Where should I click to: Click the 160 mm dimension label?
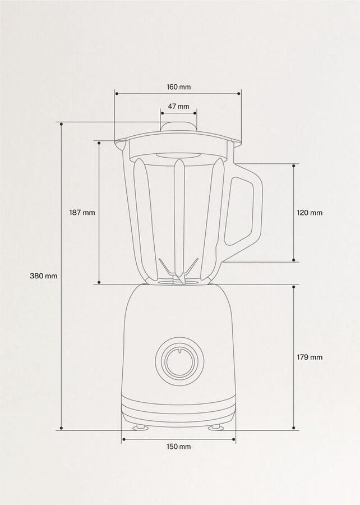[178, 87]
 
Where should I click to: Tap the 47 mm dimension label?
[178, 106]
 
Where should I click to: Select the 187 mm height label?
[82, 213]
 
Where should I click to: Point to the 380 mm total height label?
[44, 276]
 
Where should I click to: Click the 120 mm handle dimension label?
[310, 213]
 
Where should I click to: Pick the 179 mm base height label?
[310, 357]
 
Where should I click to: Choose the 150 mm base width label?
[178, 447]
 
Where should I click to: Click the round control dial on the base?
[178, 360]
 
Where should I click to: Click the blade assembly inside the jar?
[178, 272]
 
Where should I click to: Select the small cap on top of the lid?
[178, 125]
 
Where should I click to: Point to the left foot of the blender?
[141, 428]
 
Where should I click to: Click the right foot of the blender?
[215, 428]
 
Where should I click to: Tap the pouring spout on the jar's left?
[119, 145]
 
